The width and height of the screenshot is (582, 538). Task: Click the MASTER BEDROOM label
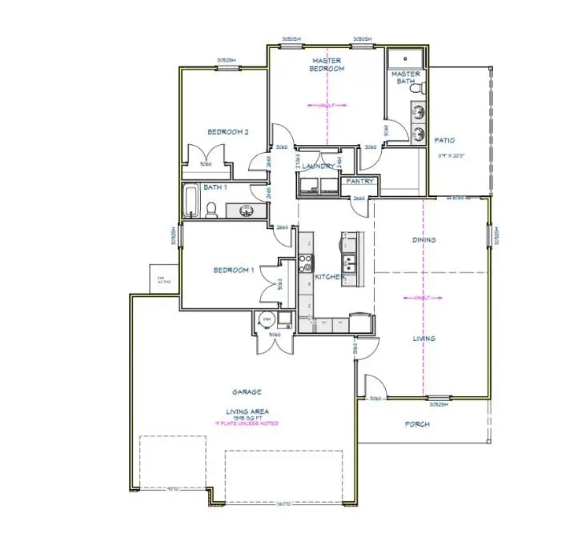pos(327,64)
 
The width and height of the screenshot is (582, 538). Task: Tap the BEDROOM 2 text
pos(229,132)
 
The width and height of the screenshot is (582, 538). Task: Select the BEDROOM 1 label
pos(234,270)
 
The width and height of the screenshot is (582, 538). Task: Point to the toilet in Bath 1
pos(212,209)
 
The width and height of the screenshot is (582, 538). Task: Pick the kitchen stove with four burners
pos(306,265)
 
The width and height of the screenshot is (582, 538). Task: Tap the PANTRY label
pos(358,182)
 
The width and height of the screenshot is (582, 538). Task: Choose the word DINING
pos(423,239)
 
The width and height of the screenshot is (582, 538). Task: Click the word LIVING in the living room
pos(423,339)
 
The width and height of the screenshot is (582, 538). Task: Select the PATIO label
pos(444,140)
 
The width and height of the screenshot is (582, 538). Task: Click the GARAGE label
pos(247,392)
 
